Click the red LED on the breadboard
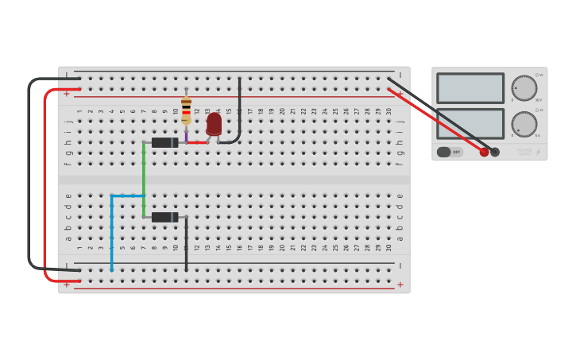[214, 124]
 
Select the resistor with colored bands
[186, 110]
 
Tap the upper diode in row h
[164, 143]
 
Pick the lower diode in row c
[164, 217]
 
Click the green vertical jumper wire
[144, 179]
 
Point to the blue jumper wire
[112, 230]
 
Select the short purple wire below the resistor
[186, 135]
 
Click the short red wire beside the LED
[196, 143]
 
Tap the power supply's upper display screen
[470, 88]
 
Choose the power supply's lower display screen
[470, 123]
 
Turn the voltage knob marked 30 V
[524, 88]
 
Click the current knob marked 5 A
[524, 123]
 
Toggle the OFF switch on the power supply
[450, 152]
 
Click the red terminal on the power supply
[484, 152]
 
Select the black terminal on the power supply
[495, 152]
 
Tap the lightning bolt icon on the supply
[538, 152]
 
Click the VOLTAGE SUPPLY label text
[524, 152]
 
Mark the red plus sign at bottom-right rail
[400, 285]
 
